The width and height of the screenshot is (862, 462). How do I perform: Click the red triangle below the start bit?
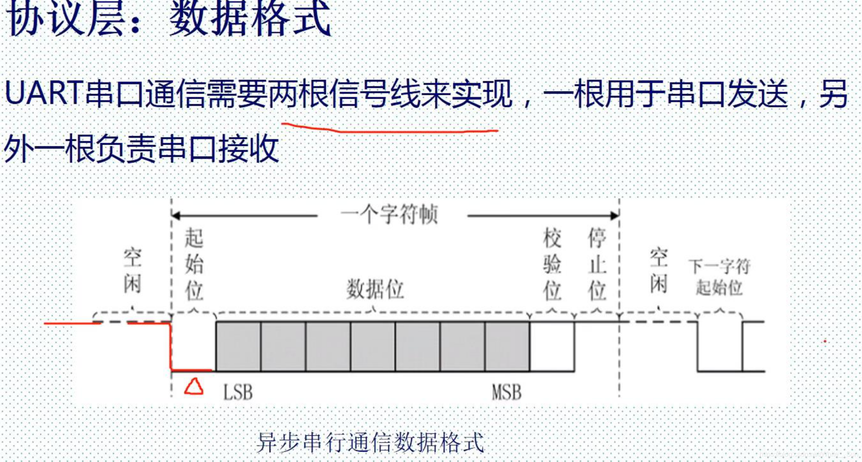point(194,387)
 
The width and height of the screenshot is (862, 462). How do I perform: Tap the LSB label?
point(238,392)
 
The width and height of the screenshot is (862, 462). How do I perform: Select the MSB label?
point(506,392)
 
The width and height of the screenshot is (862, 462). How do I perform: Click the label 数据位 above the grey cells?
point(375,290)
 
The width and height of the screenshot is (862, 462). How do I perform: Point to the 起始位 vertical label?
point(194,264)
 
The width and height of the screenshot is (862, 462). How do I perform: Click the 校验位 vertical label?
point(552,264)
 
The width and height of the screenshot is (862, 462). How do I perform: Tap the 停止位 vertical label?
point(597,264)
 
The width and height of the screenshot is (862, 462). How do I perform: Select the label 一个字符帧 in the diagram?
point(390,214)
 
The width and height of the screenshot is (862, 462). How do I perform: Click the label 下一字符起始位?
point(719,277)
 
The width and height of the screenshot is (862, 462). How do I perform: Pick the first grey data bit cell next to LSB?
point(238,347)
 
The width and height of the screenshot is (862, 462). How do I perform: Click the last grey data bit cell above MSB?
point(507,347)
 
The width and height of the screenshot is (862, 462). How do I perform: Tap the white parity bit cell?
point(552,347)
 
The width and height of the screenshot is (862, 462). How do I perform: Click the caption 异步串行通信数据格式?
point(370,443)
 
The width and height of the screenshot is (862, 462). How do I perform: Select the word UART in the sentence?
point(43,93)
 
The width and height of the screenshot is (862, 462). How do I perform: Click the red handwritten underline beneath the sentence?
point(389,129)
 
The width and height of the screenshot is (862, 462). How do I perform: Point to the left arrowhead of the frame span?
point(176,216)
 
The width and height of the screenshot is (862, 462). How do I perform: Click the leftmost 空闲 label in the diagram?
point(132,271)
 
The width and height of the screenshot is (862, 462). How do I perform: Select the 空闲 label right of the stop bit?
point(658,271)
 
